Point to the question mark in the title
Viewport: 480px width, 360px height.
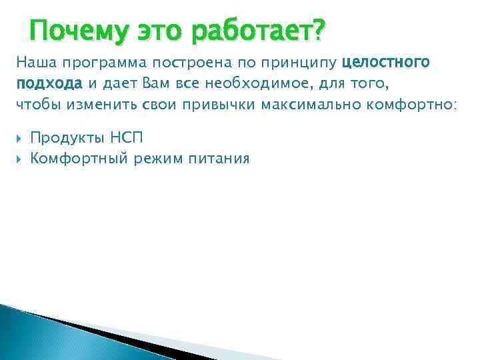click(318, 30)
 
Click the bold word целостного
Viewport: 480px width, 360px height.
click(385, 63)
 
